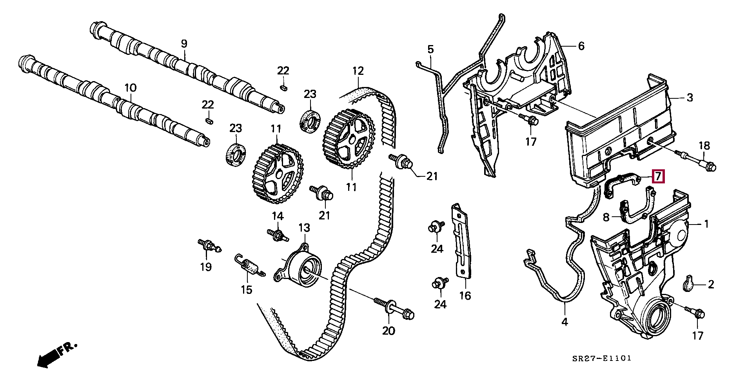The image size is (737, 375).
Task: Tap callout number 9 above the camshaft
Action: click(x=184, y=43)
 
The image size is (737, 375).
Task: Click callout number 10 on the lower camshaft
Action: click(x=131, y=87)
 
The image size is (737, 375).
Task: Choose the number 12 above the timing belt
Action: click(x=358, y=71)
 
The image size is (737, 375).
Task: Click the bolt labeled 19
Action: click(x=209, y=246)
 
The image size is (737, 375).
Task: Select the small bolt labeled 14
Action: click(x=278, y=234)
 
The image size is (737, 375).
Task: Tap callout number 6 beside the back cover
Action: click(x=581, y=46)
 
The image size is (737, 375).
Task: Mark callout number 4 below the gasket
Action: click(x=565, y=322)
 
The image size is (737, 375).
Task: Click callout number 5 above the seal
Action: click(x=430, y=49)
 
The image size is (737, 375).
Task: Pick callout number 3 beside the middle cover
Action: click(x=690, y=97)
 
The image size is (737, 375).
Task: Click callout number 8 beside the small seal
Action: click(x=606, y=217)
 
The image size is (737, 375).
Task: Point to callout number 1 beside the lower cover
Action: click(x=706, y=224)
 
